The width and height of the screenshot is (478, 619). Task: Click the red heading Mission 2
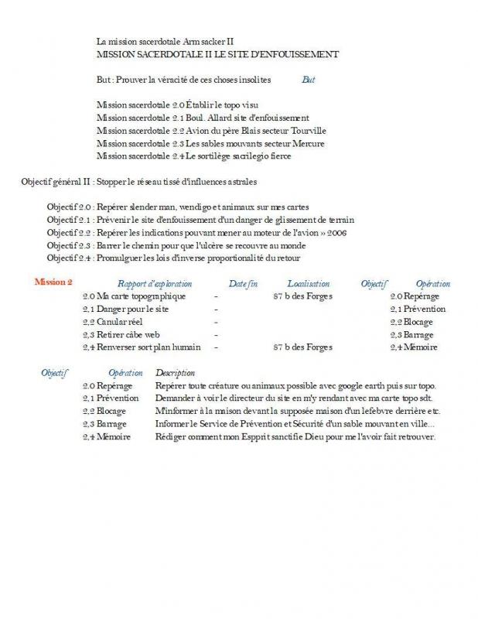coord(53,282)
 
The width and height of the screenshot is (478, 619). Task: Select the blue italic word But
coord(309,79)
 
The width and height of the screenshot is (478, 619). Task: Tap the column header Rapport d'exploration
coord(155,284)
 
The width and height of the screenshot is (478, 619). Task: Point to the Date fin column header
coord(243,284)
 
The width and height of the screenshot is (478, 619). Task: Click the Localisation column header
coord(308,284)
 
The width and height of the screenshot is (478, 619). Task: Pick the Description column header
coord(175,373)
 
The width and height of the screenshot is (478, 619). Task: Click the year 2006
coord(340,232)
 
